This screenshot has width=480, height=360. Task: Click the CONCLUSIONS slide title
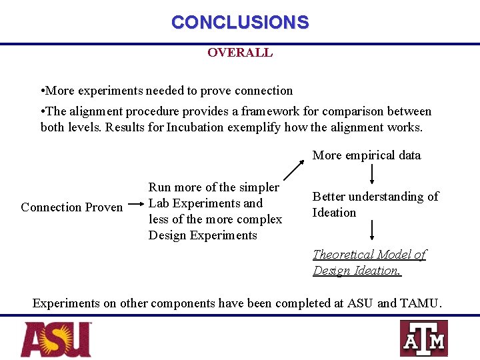pos(240,22)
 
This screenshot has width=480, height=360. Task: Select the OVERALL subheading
pos(240,53)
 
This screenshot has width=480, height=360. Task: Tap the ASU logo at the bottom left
pos(56,339)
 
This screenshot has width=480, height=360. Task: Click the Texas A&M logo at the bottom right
pos(423,339)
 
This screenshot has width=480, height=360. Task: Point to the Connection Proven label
pos(72,207)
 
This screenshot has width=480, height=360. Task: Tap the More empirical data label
pos(367,155)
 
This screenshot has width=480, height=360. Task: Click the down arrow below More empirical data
pos(371,175)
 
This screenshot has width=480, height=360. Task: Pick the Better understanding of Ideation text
pos(375,205)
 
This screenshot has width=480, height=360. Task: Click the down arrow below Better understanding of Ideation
pos(371,231)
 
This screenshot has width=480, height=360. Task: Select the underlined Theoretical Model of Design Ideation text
pos(369,263)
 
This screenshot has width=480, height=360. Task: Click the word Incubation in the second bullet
pos(195,127)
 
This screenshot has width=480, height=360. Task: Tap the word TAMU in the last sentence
pos(420,303)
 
